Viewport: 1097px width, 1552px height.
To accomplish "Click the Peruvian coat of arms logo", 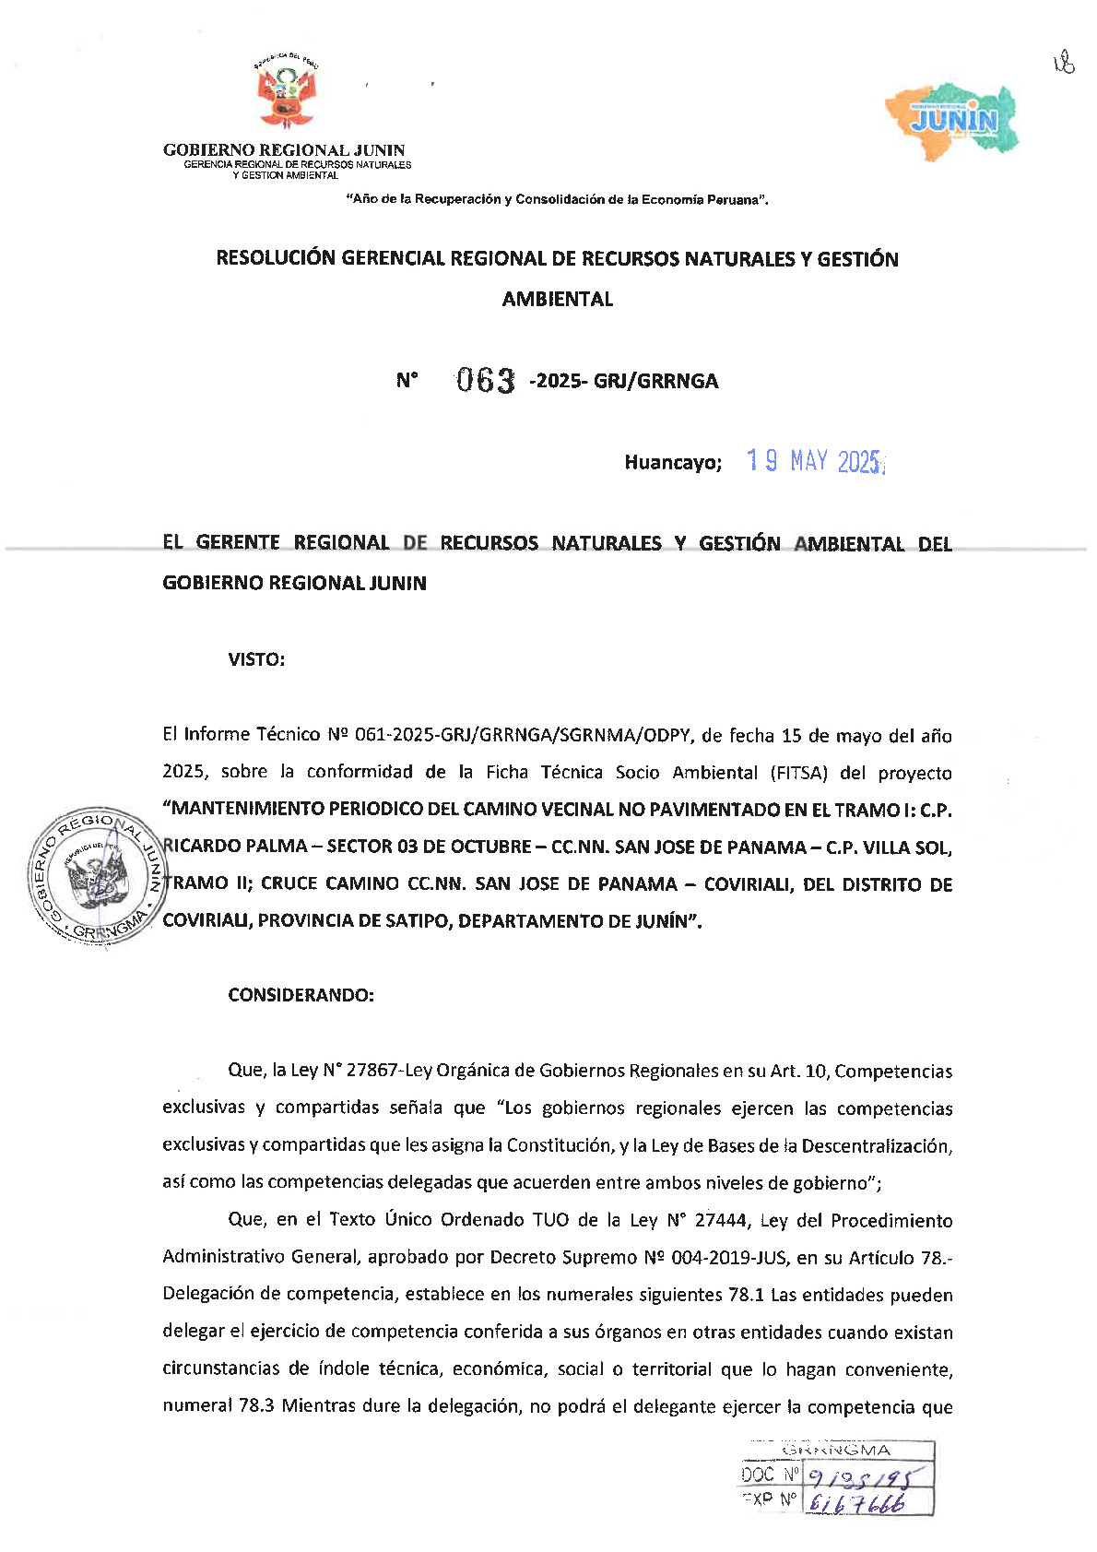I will click(285, 93).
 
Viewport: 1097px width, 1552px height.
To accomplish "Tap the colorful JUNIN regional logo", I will click(952, 121).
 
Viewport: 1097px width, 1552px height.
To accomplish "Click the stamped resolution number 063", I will click(486, 380).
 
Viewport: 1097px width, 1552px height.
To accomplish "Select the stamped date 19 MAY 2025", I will click(815, 461).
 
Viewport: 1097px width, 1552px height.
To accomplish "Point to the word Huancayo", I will click(672, 463).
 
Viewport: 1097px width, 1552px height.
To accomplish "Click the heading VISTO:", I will click(256, 659).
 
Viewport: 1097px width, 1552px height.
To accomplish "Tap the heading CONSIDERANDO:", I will click(301, 995).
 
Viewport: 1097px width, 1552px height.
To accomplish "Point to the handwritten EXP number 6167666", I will click(855, 1503).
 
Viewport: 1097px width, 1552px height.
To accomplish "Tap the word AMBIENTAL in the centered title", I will click(557, 299).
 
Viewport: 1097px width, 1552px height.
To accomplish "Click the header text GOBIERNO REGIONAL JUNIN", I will click(284, 150).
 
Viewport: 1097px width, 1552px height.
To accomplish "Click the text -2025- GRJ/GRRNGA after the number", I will click(623, 381).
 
